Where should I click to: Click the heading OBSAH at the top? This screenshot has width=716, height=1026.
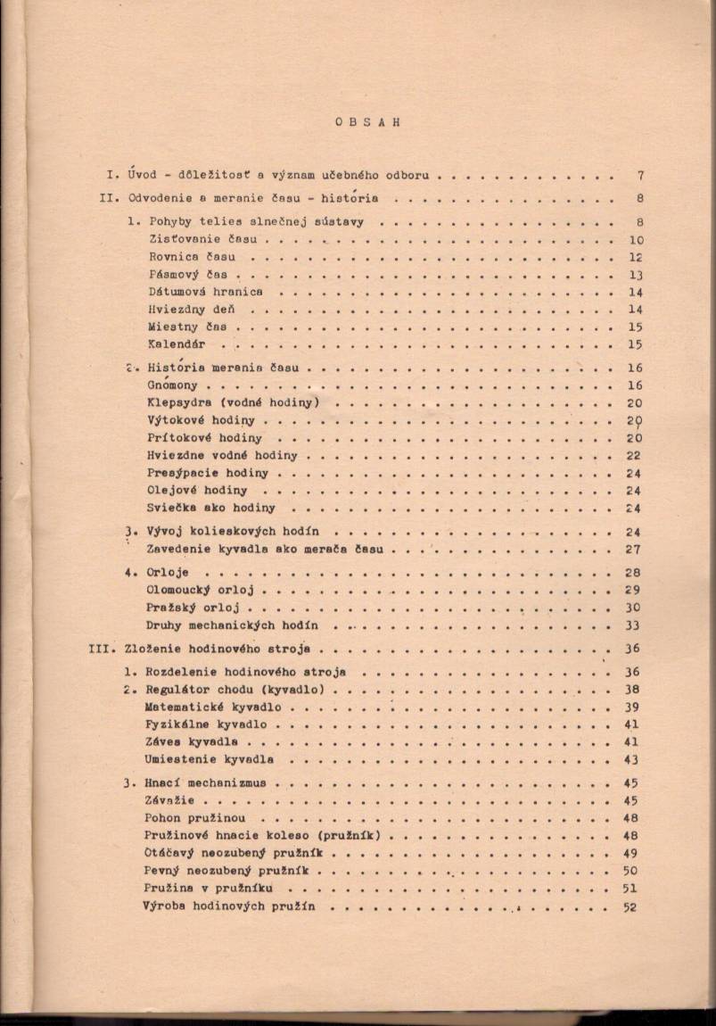point(368,122)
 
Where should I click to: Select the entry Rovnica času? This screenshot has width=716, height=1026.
point(193,257)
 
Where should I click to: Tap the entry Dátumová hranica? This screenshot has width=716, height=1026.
point(205,292)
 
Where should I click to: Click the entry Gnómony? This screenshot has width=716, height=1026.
point(173,385)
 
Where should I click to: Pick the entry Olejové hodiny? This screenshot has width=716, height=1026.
point(197,491)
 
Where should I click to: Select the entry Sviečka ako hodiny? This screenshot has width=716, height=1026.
point(211,509)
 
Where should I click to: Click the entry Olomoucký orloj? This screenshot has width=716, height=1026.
point(201,590)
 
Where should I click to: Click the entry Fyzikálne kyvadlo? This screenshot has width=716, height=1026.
point(206,724)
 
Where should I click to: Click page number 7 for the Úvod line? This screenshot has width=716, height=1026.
point(640,176)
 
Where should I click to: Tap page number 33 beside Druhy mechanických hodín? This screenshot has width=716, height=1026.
point(634,625)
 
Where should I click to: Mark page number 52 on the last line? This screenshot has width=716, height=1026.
point(631,906)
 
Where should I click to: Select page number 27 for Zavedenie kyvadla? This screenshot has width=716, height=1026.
point(634,550)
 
